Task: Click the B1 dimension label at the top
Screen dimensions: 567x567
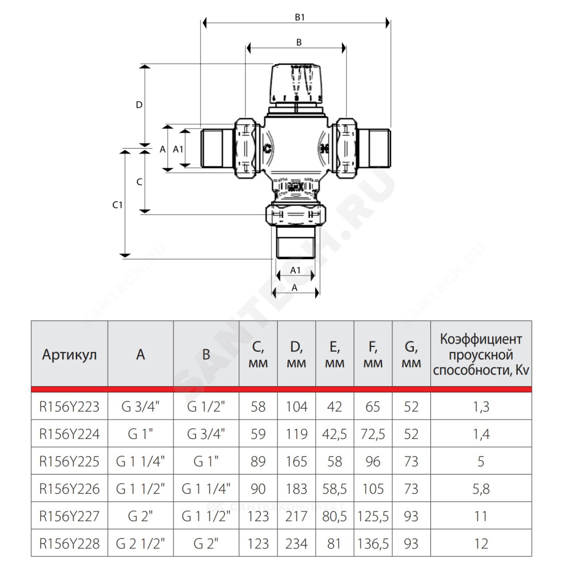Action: click(299, 17)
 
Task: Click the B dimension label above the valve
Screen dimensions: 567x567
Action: click(299, 43)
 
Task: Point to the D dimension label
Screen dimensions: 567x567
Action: click(139, 105)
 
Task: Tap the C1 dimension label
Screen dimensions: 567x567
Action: click(117, 205)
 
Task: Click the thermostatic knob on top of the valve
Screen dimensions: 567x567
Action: click(296, 83)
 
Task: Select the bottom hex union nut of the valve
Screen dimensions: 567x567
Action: click(296, 214)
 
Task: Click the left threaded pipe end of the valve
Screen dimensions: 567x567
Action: click(217, 148)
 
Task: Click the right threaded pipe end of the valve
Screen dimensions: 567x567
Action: click(375, 148)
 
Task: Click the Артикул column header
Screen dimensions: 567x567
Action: click(69, 355)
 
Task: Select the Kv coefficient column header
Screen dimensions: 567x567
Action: click(481, 355)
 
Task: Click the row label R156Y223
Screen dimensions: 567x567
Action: click(69, 407)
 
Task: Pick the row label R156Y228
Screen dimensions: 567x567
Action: click(69, 544)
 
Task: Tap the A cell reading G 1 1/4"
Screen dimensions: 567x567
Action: click(140, 462)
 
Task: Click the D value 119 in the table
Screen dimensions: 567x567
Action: click(297, 434)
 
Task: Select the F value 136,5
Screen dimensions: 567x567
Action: click(373, 544)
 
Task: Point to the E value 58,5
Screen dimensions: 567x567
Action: click(335, 489)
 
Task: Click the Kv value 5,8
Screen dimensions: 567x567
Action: click(481, 489)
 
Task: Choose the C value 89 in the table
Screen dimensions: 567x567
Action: click(258, 462)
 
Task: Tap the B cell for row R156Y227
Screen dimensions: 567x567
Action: click(206, 517)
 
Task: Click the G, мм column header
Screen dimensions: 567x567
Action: click(411, 355)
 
